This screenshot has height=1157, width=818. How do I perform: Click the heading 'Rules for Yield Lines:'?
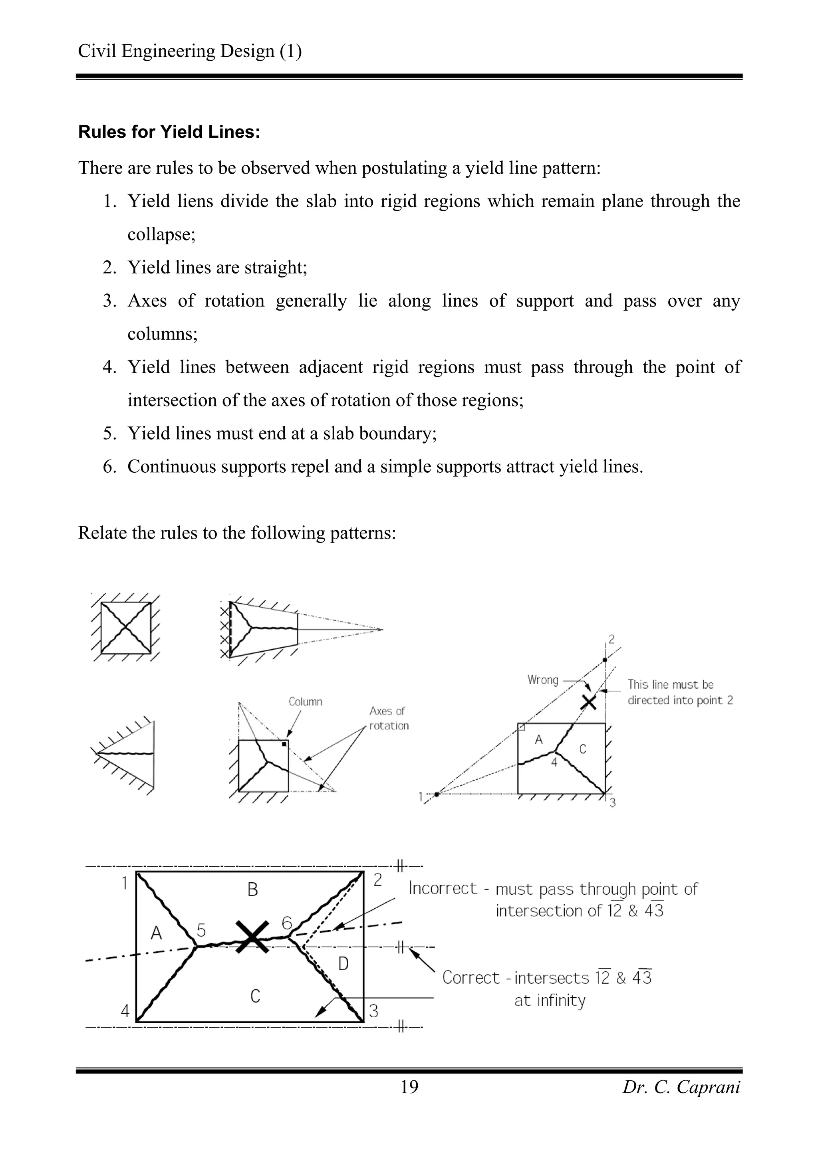click(x=169, y=132)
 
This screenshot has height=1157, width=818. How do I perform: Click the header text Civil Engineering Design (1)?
click(x=189, y=51)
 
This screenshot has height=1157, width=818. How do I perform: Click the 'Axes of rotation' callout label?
click(x=388, y=718)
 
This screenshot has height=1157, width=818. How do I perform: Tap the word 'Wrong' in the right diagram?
click(x=543, y=680)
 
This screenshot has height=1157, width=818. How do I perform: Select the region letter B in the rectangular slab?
click(x=252, y=890)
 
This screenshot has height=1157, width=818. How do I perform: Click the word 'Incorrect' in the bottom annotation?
click(x=442, y=888)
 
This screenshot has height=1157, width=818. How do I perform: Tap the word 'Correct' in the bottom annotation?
click(x=471, y=978)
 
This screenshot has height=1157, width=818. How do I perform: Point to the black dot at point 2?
click(x=605, y=660)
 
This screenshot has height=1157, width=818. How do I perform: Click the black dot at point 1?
click(x=437, y=794)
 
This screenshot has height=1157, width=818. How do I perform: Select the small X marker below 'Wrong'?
click(x=588, y=702)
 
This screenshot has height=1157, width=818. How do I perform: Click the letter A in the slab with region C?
click(x=539, y=740)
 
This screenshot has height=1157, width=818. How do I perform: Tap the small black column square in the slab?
click(x=284, y=744)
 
